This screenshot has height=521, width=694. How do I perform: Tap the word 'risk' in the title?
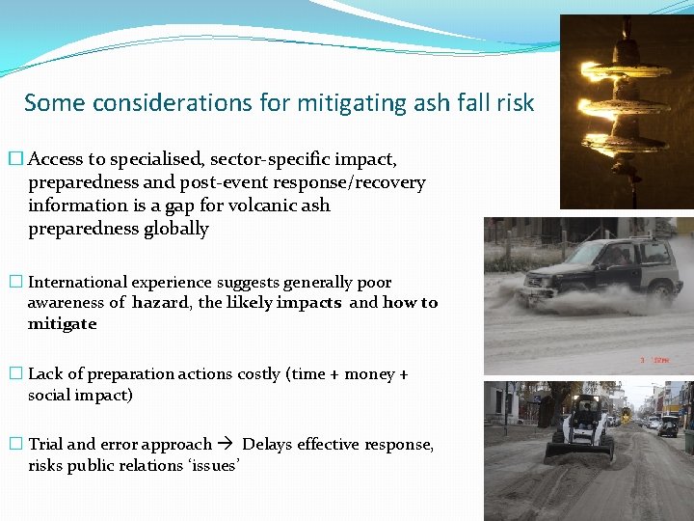pyautogui.click(x=514, y=102)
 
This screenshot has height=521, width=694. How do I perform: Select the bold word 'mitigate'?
pyautogui.click(x=63, y=324)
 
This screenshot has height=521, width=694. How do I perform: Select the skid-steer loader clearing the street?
pyautogui.click(x=583, y=427)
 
